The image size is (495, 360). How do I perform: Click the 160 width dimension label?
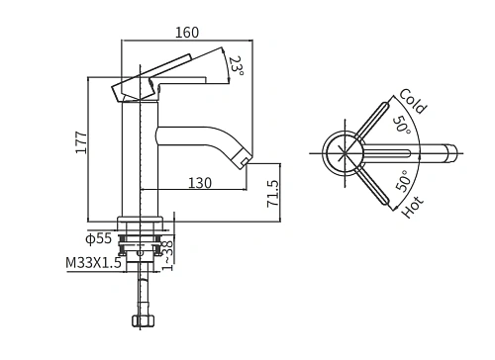(x=187, y=33)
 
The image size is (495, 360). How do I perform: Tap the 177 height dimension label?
(x=81, y=142)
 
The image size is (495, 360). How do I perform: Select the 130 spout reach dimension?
(x=200, y=183)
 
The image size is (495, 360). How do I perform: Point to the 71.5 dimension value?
(x=273, y=193)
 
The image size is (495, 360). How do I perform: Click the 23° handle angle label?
(x=237, y=66)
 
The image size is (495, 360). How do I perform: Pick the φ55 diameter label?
(x=99, y=238)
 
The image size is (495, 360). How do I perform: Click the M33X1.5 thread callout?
(x=94, y=263)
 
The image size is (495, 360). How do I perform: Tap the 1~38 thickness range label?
(x=167, y=255)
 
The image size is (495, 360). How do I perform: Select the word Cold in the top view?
(x=413, y=101)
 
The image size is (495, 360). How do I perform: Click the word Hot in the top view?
(x=412, y=207)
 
